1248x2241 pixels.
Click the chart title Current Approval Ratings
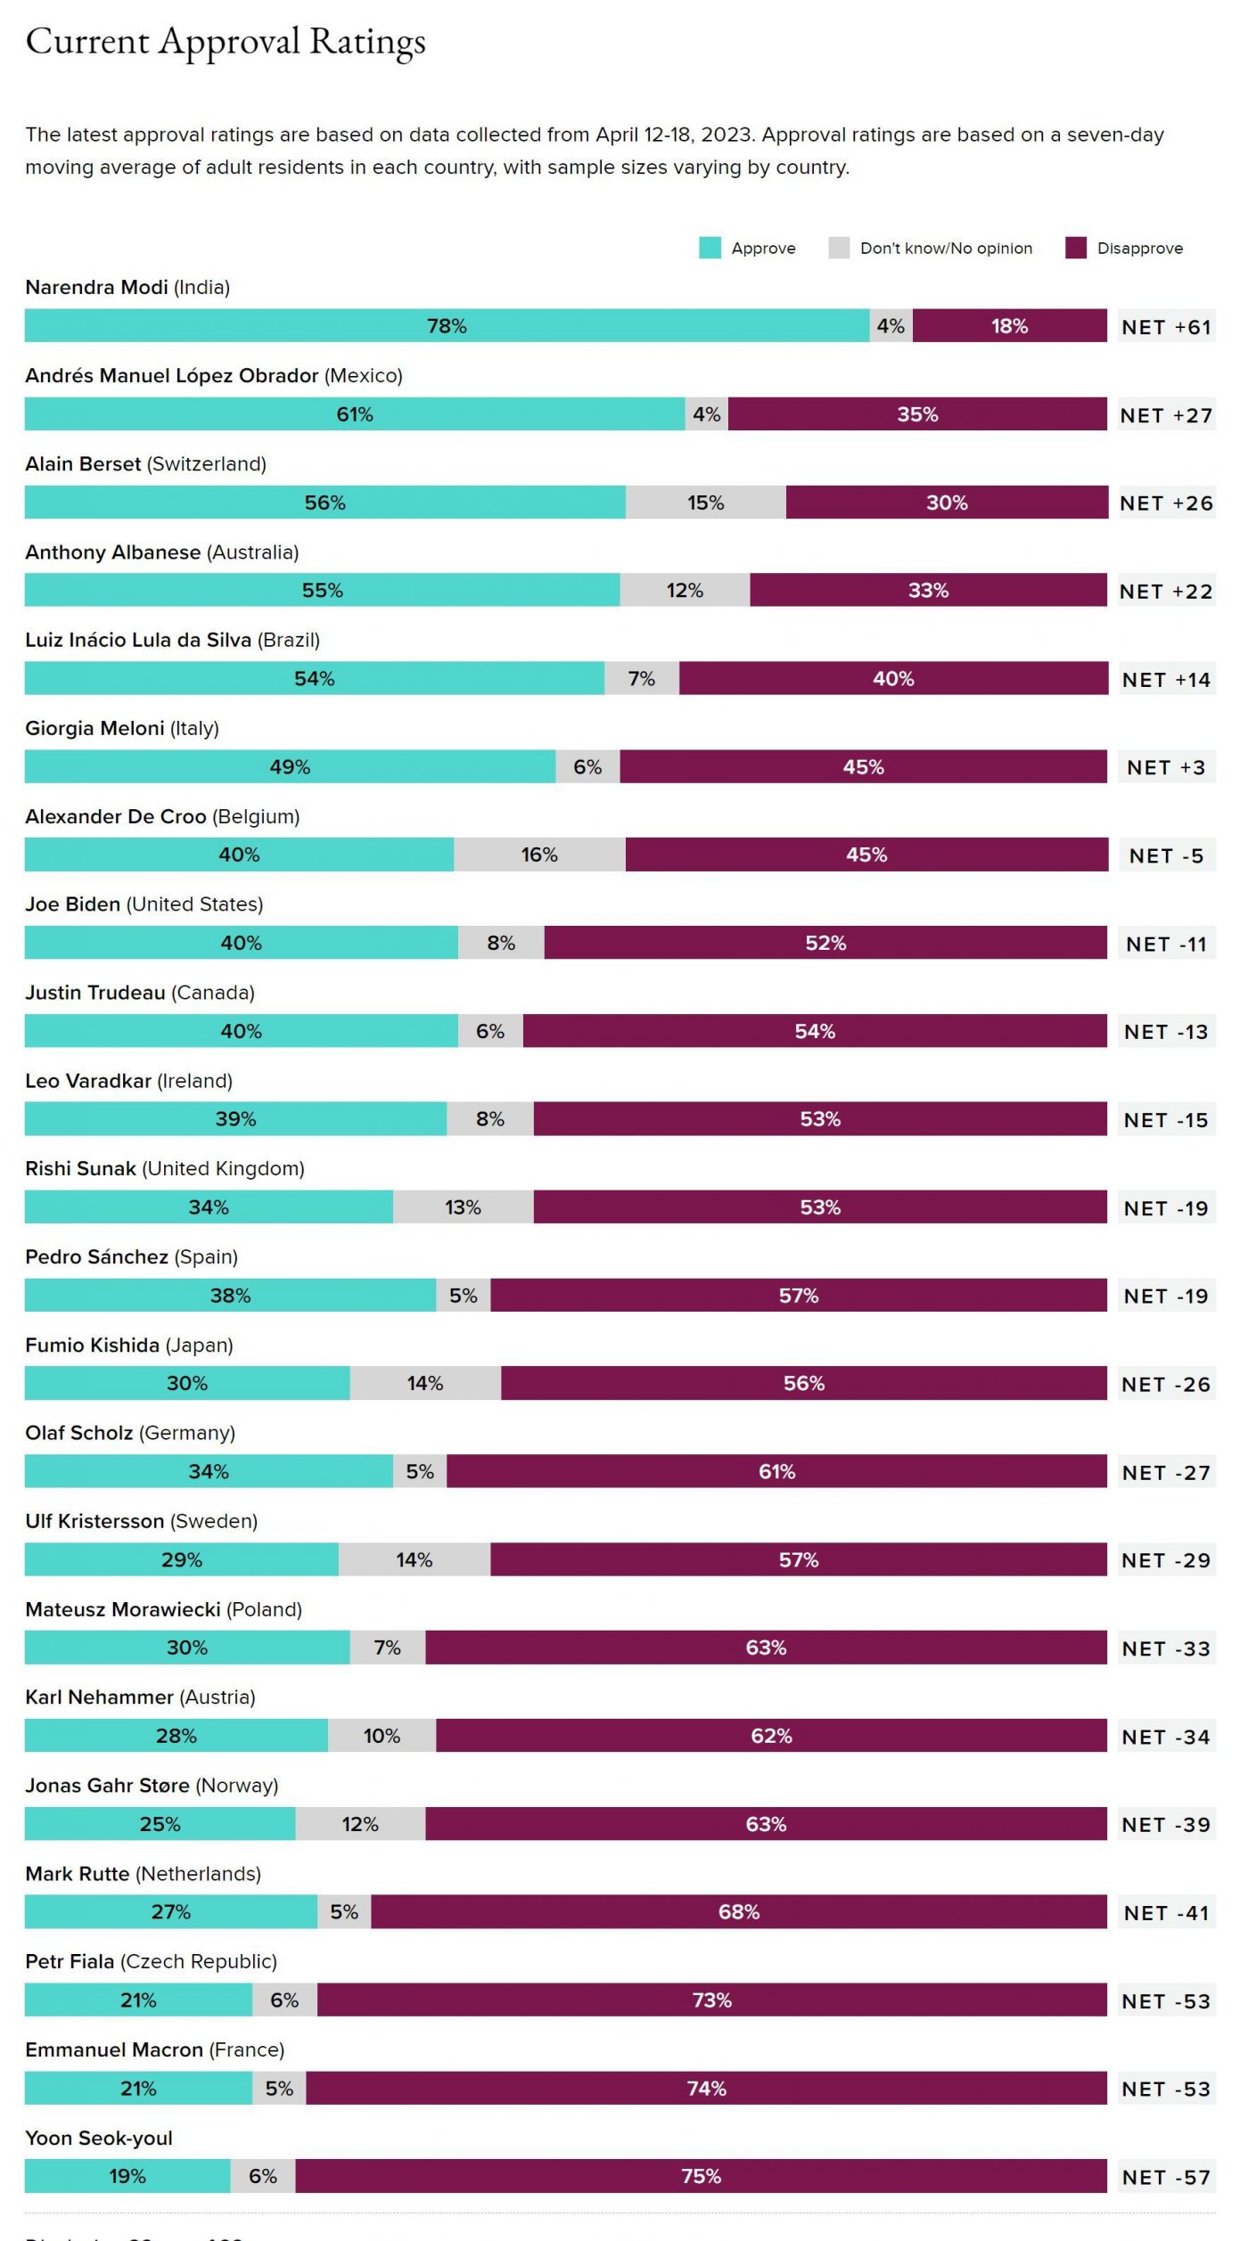click(x=226, y=42)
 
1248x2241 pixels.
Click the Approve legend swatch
click(x=710, y=248)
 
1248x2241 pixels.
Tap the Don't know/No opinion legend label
click(x=946, y=249)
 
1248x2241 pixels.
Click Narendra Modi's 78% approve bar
click(x=447, y=326)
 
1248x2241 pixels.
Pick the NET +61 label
click(x=1166, y=327)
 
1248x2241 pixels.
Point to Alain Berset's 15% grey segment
click(x=705, y=503)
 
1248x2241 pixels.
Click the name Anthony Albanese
click(x=113, y=552)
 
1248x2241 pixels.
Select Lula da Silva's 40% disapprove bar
click(x=893, y=679)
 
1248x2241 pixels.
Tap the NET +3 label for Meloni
click(x=1166, y=767)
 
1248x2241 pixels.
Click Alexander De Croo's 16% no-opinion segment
click(x=539, y=855)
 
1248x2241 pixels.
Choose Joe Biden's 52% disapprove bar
click(x=825, y=944)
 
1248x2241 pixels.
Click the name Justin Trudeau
click(x=95, y=993)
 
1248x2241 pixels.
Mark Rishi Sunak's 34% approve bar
click(x=209, y=1207)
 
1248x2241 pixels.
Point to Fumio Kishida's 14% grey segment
click(x=425, y=1384)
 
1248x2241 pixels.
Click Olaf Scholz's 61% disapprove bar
click(x=776, y=1472)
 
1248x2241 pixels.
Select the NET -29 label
click(x=1166, y=1560)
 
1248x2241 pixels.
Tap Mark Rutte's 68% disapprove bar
click(x=739, y=1912)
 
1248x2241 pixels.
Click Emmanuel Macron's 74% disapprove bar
click(x=706, y=2089)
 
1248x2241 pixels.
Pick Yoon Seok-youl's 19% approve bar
click(x=127, y=2177)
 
